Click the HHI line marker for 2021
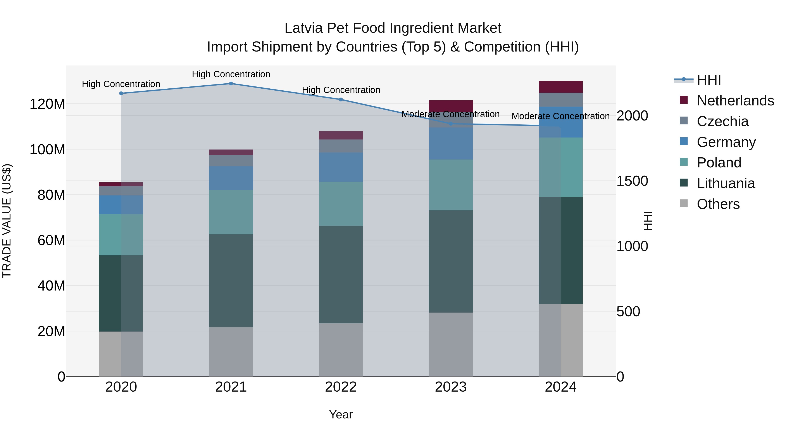[x=231, y=84]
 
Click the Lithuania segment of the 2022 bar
[x=341, y=275]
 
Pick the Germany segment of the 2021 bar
[x=231, y=178]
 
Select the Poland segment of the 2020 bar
[x=121, y=235]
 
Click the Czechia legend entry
[x=722, y=121]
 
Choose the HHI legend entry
[x=709, y=80]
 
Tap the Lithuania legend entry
[x=726, y=183]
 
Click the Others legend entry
[x=718, y=204]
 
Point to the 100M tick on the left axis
[x=47, y=150]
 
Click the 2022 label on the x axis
[x=341, y=387]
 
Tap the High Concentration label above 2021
[x=231, y=74]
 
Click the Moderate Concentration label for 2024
[x=560, y=116]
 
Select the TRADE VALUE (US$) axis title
[x=7, y=221]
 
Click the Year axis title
[x=341, y=414]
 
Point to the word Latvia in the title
[x=303, y=28]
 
